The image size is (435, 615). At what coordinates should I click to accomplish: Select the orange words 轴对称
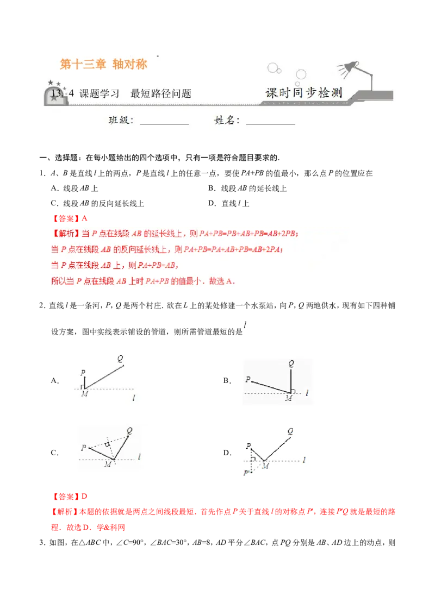click(130, 65)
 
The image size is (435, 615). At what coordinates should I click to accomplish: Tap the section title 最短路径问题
click(161, 93)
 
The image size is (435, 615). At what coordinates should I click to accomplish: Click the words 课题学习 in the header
click(100, 93)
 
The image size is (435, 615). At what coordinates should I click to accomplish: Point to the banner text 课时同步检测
click(303, 93)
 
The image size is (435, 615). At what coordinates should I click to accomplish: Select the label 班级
click(120, 121)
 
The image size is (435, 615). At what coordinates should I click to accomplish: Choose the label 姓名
click(227, 121)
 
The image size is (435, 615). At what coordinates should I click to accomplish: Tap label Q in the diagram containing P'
click(290, 431)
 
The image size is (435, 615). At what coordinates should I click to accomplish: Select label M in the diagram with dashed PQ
click(108, 465)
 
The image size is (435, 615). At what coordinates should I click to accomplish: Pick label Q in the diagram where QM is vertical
click(291, 363)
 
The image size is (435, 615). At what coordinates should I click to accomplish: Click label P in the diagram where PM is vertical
click(83, 373)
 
